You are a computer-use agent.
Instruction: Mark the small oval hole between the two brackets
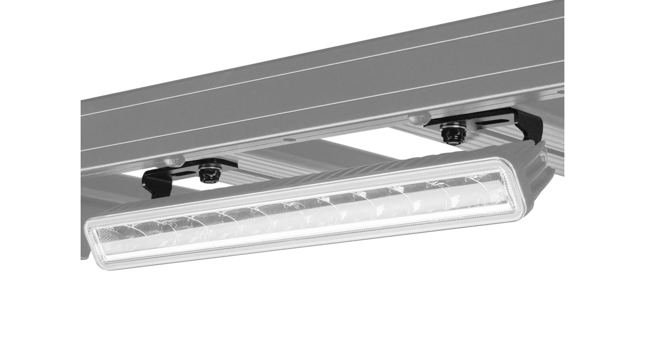click(x=289, y=139)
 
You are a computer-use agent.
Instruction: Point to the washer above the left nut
click(x=206, y=167)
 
